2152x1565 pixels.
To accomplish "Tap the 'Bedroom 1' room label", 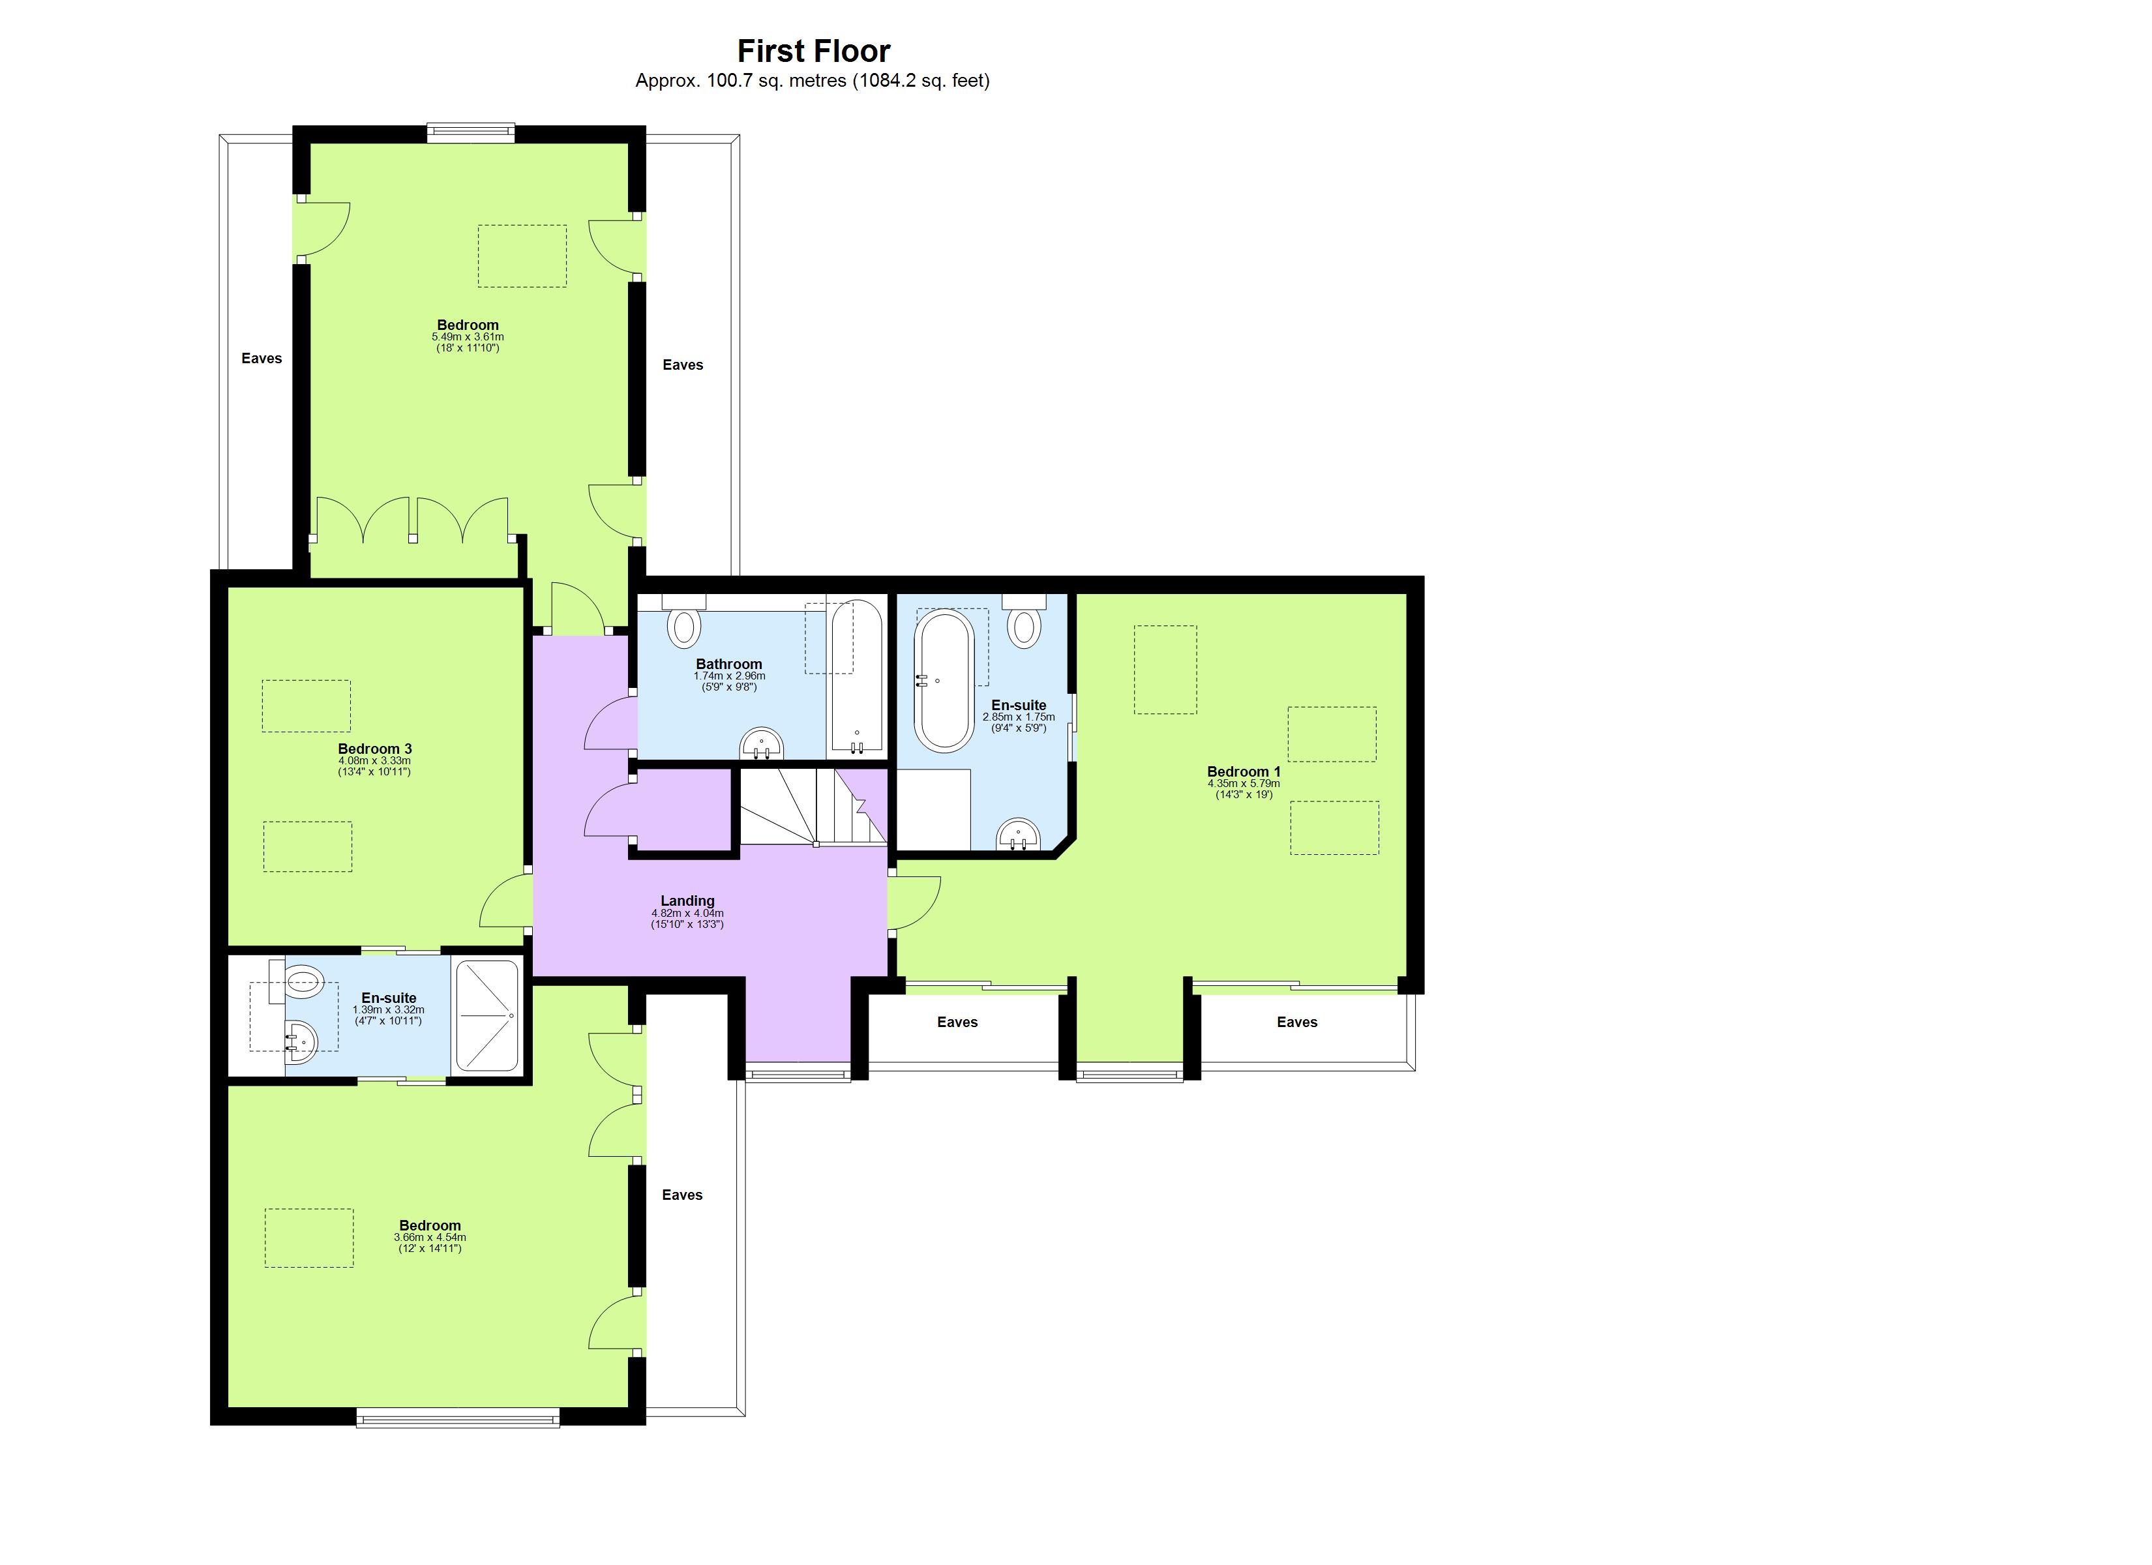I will [x=1243, y=771].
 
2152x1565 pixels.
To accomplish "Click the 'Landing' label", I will [x=687, y=901].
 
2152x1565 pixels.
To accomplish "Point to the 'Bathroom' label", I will [x=728, y=664].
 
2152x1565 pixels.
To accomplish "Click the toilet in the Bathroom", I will [x=684, y=627].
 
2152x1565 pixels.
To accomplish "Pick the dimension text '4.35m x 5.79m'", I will [x=1243, y=784].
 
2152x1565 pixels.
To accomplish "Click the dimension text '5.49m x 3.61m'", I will [x=468, y=337].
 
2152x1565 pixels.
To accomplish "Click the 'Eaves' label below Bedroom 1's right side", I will [x=1296, y=1022].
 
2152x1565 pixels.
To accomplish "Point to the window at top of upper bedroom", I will [x=471, y=133].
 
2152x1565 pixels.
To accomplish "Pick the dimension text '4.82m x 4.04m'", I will [x=687, y=913].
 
